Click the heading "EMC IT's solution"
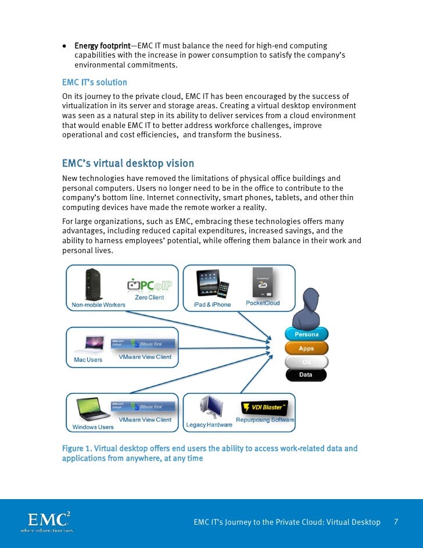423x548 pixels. [x=94, y=83]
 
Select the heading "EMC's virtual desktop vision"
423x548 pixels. [x=128, y=163]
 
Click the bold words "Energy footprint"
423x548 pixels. [x=98, y=46]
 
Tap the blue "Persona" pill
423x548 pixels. [x=306, y=335]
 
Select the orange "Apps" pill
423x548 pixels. [x=306, y=348]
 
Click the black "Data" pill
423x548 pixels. [x=306, y=375]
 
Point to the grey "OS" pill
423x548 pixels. [x=306, y=362]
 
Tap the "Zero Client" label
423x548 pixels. [x=149, y=298]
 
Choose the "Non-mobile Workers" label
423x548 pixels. [x=98, y=305]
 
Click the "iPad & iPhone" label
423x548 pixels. [x=212, y=304]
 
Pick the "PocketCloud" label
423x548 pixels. [x=263, y=303]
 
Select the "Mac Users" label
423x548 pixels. [x=88, y=360]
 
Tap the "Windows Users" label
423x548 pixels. [x=93, y=427]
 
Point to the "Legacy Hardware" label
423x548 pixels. [x=209, y=425]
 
